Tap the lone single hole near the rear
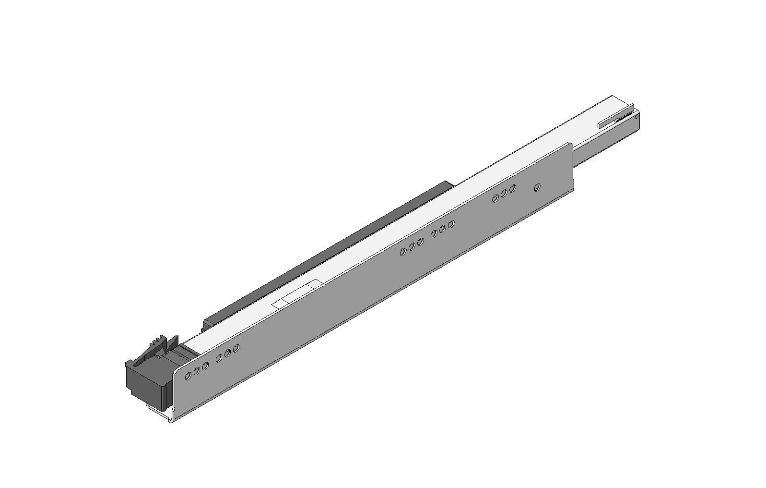click(x=537, y=187)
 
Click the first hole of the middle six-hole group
click(x=403, y=251)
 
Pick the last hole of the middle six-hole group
click(x=451, y=223)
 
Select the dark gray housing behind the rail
click(x=336, y=250)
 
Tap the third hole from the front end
click(x=205, y=366)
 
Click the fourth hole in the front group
click(x=219, y=358)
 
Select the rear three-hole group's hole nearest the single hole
click(x=513, y=188)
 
